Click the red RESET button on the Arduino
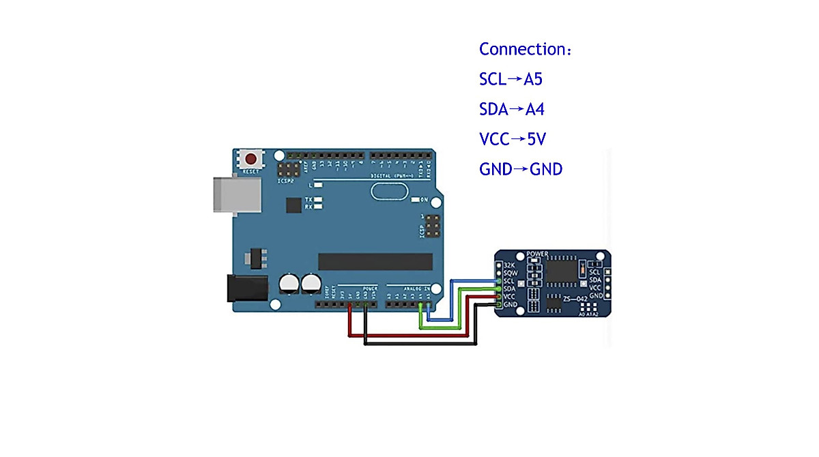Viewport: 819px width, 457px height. (x=251, y=159)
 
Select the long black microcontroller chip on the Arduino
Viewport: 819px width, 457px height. (x=375, y=261)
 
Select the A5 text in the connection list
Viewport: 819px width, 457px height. (x=533, y=80)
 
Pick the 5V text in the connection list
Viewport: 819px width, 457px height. (x=536, y=139)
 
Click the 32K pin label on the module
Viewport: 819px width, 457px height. (x=509, y=265)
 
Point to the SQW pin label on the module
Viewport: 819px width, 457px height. (x=511, y=273)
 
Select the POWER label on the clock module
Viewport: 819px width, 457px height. (x=537, y=254)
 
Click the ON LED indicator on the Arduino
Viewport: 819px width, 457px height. (x=415, y=200)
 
